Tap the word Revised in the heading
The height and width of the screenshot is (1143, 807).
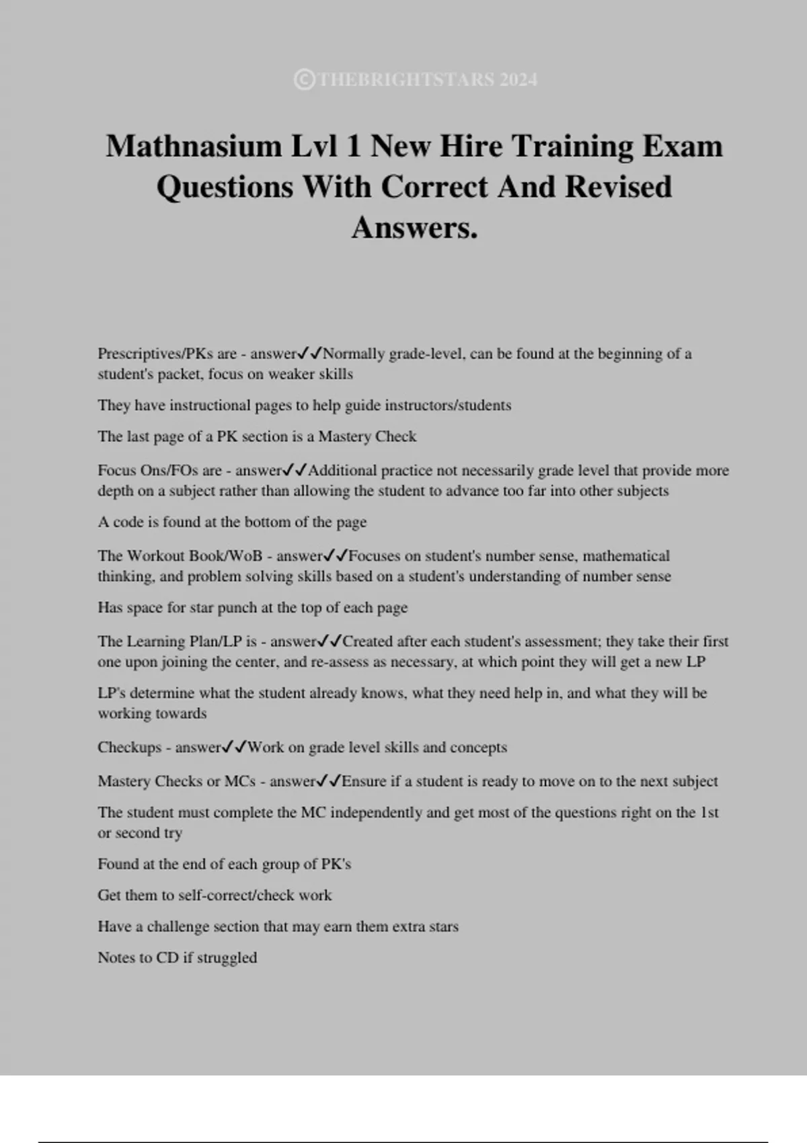point(618,186)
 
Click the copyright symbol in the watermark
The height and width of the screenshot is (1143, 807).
point(304,80)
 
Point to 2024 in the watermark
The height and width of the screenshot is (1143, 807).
point(518,80)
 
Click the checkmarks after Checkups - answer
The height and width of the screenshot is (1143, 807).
point(235,747)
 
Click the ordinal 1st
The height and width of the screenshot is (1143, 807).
point(709,813)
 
